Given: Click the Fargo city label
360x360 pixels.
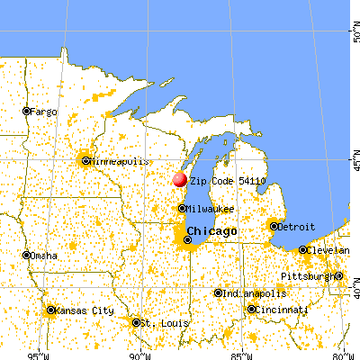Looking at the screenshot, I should [43, 112].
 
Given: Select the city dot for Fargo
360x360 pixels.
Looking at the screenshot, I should [26, 111].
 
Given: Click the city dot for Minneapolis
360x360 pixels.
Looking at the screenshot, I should [85, 161].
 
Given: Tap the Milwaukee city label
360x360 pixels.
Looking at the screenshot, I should [211, 208].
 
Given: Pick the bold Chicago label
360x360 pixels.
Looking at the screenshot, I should [215, 231].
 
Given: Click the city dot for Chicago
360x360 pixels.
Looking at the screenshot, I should [187, 239].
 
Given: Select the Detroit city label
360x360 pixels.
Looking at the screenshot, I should [297, 227].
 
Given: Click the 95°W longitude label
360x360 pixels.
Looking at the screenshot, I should [37, 352].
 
